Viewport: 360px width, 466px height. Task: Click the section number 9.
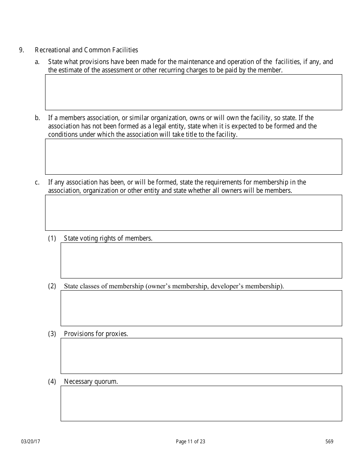[x=21, y=50]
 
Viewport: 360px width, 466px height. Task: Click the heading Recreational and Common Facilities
[x=86, y=50]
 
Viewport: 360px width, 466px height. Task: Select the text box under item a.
[x=193, y=92]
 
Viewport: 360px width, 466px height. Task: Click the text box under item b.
[x=193, y=156]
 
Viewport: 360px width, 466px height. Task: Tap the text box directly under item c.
[x=193, y=213]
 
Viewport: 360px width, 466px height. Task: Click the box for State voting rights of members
[x=201, y=260]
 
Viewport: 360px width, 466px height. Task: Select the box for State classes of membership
[x=201, y=308]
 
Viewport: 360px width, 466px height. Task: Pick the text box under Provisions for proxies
[x=201, y=356]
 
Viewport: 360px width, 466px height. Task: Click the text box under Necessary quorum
[x=201, y=403]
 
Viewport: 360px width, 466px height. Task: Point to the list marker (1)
[x=52, y=238]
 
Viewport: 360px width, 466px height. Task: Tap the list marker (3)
[x=52, y=334]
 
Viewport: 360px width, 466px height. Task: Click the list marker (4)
[x=52, y=382]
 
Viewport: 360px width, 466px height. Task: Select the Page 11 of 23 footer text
[x=191, y=441]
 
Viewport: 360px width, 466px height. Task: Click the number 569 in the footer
[x=329, y=441]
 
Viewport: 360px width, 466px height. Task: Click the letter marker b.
[x=37, y=118]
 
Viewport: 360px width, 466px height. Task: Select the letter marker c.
[x=37, y=182]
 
